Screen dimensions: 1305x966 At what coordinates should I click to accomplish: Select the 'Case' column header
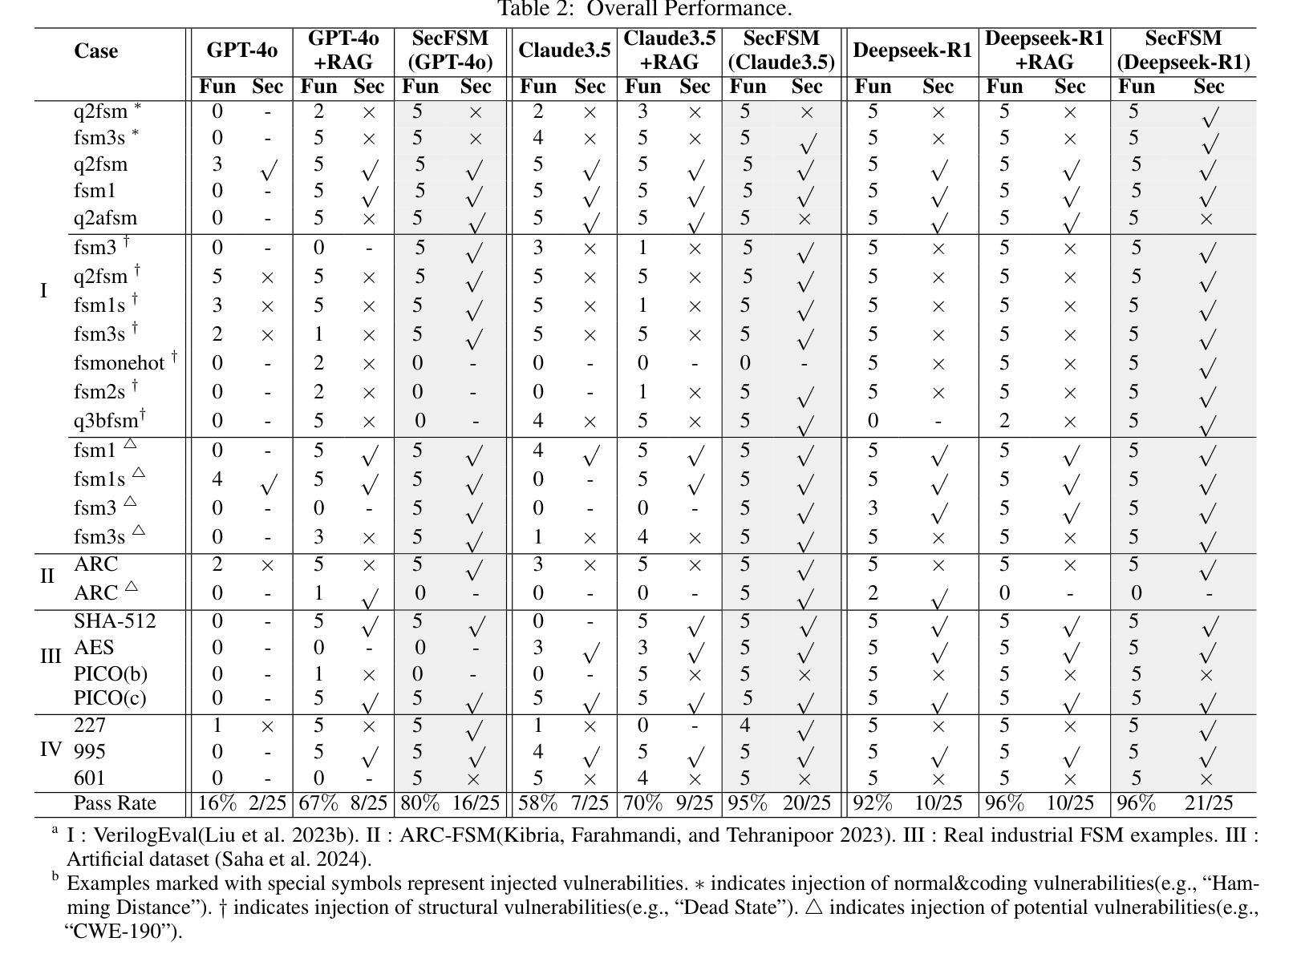pos(96,51)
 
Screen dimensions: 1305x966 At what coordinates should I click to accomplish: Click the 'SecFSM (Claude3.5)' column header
pos(781,50)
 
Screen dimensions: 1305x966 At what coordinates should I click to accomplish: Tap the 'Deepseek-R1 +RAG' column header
pos(1044,50)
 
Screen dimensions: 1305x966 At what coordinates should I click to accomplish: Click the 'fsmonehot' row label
pos(119,362)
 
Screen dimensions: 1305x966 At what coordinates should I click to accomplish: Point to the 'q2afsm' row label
pos(105,218)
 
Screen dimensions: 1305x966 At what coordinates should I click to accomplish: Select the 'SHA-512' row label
pos(115,620)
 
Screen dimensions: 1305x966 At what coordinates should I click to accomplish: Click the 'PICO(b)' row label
pos(111,673)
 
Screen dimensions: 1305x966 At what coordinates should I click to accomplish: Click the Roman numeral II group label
pos(47,576)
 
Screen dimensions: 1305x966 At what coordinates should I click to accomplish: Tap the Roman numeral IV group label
pos(51,750)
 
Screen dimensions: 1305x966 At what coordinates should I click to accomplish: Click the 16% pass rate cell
pos(217,803)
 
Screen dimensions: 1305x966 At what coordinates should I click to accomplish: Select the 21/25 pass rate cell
pos(1209,803)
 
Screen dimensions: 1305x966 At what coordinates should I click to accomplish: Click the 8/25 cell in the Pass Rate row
pos(369,803)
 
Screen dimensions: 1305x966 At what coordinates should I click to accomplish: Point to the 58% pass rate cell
pos(537,803)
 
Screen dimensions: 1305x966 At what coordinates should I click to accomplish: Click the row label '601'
pos(89,778)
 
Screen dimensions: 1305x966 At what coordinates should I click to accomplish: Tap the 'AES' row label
pos(94,647)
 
